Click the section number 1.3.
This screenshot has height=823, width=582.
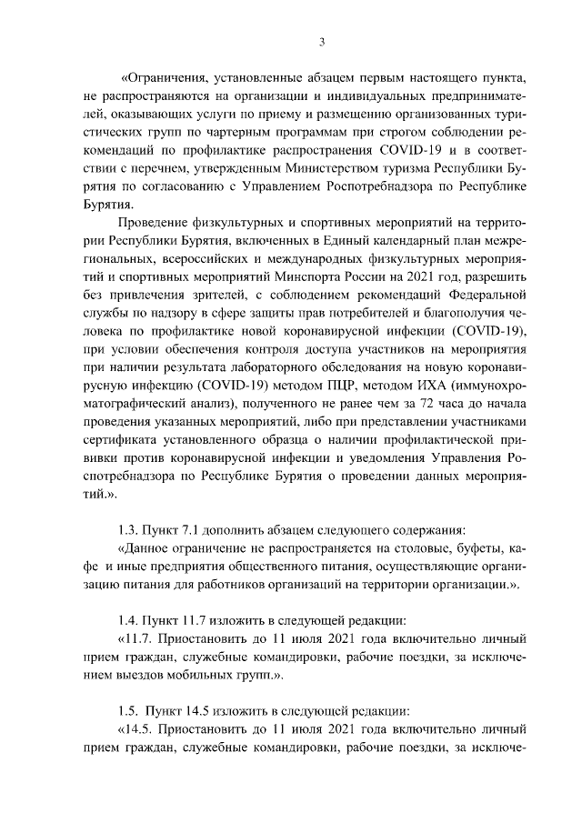click(x=129, y=530)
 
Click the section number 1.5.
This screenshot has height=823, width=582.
click(x=129, y=710)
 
